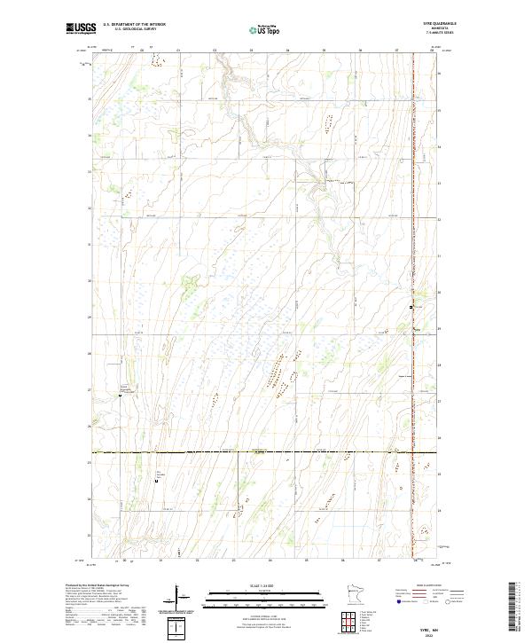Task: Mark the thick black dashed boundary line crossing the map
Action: pyautogui.click(x=266, y=452)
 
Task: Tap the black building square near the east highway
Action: pyautogui.click(x=411, y=306)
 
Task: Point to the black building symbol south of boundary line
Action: pyautogui.click(x=156, y=482)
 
